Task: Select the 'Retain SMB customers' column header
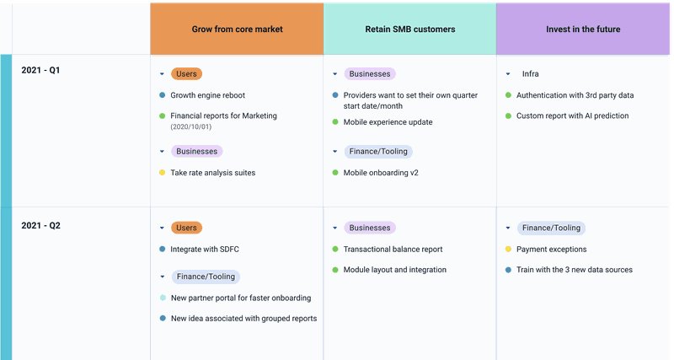point(409,29)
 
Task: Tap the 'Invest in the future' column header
point(583,29)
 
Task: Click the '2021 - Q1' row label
point(41,70)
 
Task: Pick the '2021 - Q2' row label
point(41,225)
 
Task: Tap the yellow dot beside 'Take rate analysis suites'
point(162,173)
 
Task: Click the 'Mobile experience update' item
point(388,122)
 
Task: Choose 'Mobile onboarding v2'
point(381,173)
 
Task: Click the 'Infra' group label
point(531,74)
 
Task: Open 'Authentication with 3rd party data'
point(575,95)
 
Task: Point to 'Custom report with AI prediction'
point(572,116)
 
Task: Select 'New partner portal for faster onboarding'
point(240,298)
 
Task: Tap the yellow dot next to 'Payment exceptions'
point(508,250)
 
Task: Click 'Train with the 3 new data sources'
point(574,270)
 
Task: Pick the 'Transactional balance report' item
point(393,250)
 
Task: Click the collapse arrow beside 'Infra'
point(508,74)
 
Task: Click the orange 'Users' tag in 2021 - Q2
point(186,228)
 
